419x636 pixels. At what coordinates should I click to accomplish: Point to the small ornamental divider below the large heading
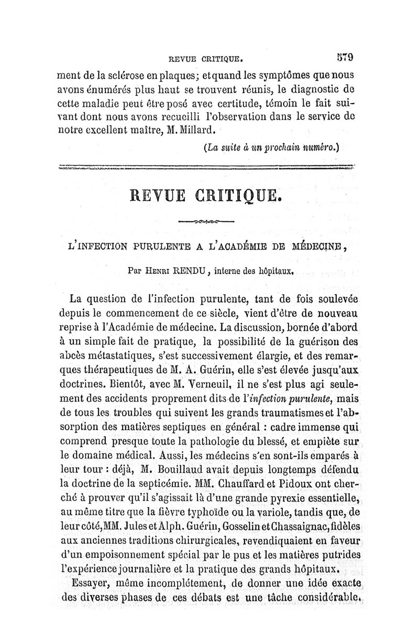(x=206, y=222)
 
